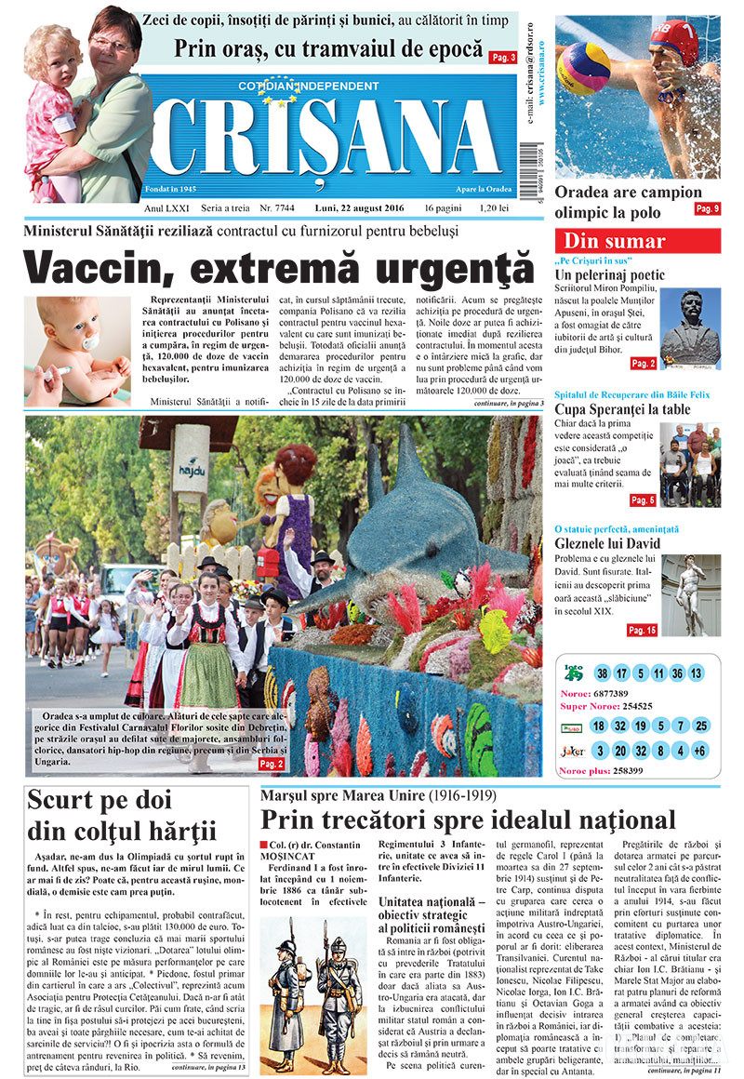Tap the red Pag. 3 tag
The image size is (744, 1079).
tap(503, 58)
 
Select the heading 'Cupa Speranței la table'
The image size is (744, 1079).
tap(622, 409)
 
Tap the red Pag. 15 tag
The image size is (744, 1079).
tap(642, 630)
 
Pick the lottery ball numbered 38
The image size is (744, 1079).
tap(603, 673)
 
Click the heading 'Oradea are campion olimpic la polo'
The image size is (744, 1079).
tap(628, 200)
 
